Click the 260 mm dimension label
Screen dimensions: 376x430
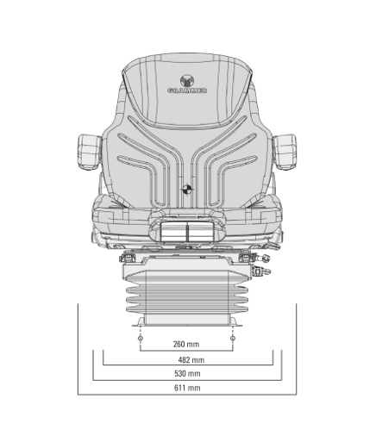coord(186,344)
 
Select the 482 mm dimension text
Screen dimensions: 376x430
coord(191,359)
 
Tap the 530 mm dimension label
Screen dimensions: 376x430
coord(187,373)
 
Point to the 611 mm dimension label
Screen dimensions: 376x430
coord(187,388)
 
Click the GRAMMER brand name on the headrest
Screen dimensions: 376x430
coord(187,90)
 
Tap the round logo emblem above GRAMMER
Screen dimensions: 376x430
coord(187,81)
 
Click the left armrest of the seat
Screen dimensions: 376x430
coord(90,152)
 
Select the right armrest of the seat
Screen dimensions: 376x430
coord(285,152)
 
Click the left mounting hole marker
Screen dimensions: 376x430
coord(141,339)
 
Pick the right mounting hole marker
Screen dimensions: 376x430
coord(233,339)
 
